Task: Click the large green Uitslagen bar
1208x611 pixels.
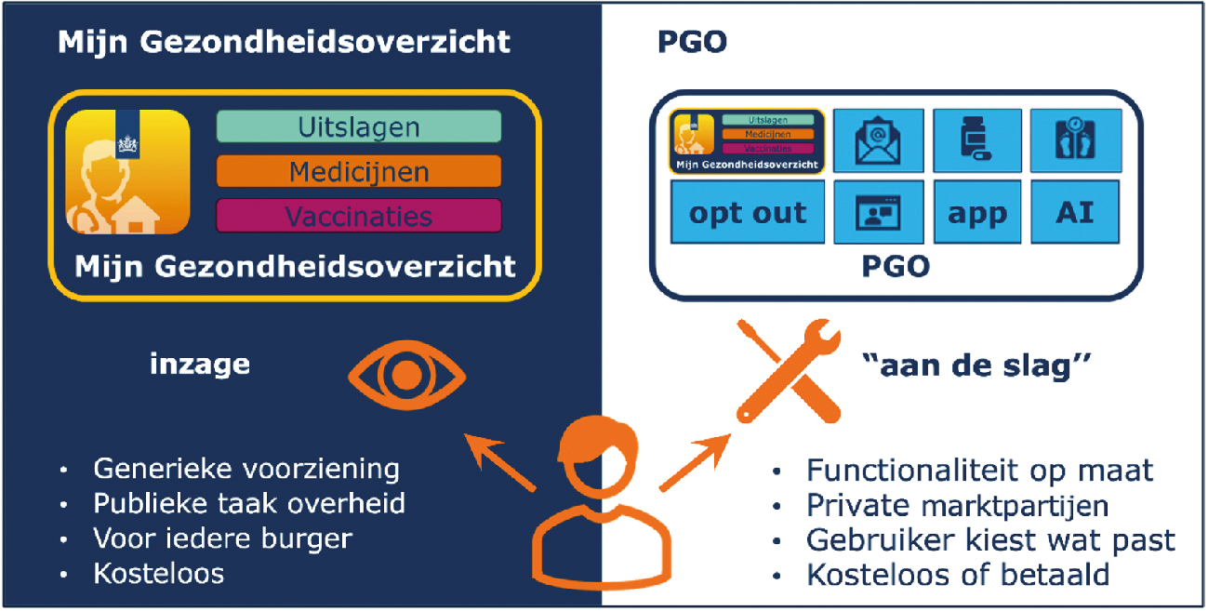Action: click(x=359, y=126)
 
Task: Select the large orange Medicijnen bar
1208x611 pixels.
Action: click(x=359, y=171)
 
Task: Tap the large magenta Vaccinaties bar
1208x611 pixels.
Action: click(x=359, y=216)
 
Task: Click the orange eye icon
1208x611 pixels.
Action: click(x=407, y=375)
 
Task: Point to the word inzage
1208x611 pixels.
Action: click(x=200, y=365)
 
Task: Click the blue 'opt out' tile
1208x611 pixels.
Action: click(x=748, y=212)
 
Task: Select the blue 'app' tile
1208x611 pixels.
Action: click(x=977, y=212)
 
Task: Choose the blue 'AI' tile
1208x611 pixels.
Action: click(x=1075, y=212)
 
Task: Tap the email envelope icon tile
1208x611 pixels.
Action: click(x=879, y=140)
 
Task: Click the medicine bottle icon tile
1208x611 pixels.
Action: click(x=977, y=140)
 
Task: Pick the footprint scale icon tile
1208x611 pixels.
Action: click(x=1076, y=140)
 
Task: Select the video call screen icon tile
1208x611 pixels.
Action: click(x=879, y=212)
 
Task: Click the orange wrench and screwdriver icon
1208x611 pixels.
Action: click(x=789, y=371)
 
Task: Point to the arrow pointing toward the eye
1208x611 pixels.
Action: click(x=500, y=462)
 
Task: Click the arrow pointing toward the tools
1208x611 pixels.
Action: click(x=696, y=462)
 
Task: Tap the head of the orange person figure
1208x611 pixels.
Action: click(x=598, y=456)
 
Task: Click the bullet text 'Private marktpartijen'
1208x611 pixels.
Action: click(x=957, y=505)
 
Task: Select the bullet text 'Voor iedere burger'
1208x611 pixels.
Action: click(x=223, y=538)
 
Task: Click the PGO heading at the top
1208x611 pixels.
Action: click(x=693, y=42)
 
